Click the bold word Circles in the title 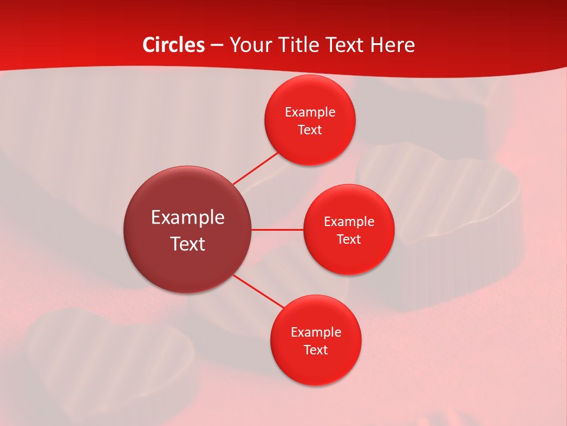coord(173,45)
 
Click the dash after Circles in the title coord(217,46)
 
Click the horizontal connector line coord(277,229)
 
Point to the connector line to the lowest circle coord(259,291)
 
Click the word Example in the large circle coord(187,218)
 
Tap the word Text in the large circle coord(187,244)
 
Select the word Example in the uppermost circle coord(309,112)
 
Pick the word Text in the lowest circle coord(315,350)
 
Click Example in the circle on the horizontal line coord(348,221)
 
